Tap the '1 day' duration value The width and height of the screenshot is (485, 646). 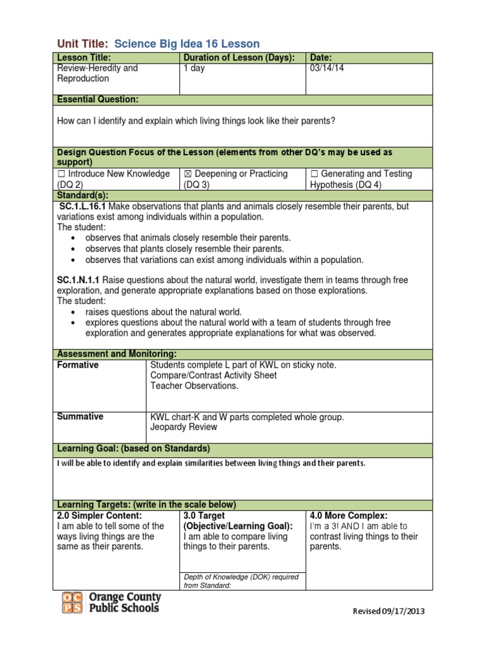[194, 68]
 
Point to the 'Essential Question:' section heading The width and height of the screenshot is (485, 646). [98, 100]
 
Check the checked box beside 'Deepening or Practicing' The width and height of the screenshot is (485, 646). [188, 174]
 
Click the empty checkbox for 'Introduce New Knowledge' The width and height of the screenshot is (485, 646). [61, 174]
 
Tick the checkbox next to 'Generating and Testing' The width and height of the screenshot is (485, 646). [314, 174]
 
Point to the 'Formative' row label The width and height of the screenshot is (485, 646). [78, 365]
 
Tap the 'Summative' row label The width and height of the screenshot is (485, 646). [80, 416]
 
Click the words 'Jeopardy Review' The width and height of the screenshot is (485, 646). [183, 427]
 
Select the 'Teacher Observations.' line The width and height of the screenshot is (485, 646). [195, 386]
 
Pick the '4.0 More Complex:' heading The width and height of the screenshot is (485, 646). [349, 515]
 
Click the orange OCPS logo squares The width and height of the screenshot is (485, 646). [72, 602]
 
